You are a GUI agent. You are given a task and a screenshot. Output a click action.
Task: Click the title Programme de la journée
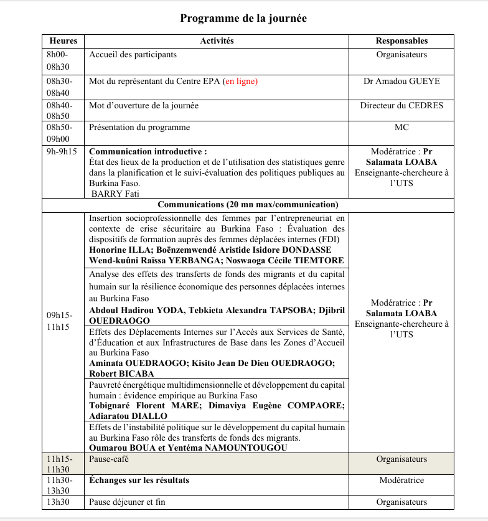[243, 18]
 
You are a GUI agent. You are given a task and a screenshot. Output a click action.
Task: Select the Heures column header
[63, 41]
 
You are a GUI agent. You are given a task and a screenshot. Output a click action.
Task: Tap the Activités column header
[217, 41]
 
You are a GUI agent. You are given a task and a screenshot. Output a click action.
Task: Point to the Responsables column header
[401, 41]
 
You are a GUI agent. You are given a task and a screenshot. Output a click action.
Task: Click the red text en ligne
[240, 82]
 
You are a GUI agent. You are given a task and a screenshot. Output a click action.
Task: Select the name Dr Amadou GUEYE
[401, 82]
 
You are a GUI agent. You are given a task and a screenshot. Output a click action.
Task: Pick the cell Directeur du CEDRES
[401, 106]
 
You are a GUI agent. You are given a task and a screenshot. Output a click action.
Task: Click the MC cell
[401, 128]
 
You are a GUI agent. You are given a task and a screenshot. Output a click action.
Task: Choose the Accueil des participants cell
[133, 55]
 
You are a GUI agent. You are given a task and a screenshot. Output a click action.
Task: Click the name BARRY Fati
[115, 194]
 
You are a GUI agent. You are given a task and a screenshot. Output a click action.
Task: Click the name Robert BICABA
[121, 374]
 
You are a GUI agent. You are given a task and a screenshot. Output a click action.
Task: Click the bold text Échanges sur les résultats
[139, 481]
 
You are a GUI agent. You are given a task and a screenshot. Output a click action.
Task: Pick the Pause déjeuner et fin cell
[127, 502]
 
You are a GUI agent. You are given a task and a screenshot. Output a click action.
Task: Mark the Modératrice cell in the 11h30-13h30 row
[401, 481]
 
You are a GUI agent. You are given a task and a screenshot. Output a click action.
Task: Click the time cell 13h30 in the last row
[58, 502]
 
